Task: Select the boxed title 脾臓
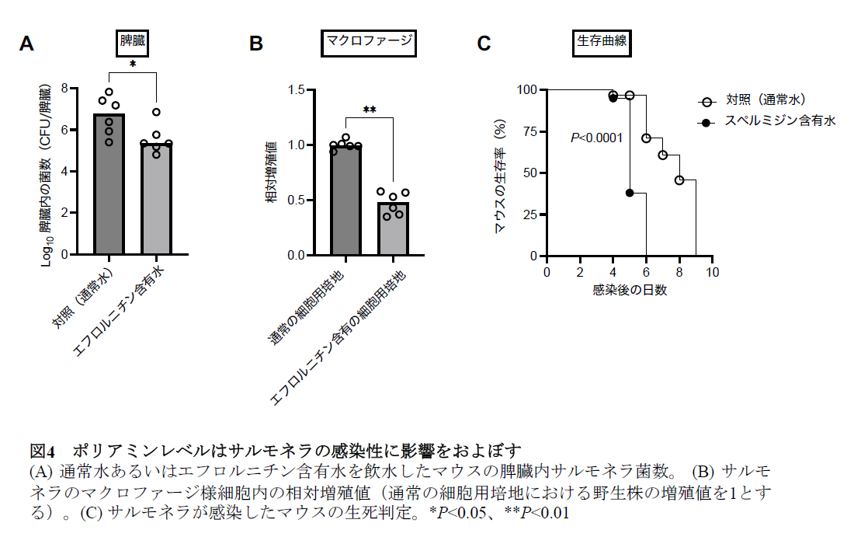(x=133, y=41)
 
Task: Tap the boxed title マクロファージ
(x=369, y=42)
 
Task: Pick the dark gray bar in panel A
(x=109, y=184)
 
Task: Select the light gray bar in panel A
(x=157, y=199)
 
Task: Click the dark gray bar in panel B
(x=345, y=200)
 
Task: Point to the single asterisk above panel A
(x=133, y=65)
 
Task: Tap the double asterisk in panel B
(x=369, y=110)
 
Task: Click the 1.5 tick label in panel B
(x=297, y=90)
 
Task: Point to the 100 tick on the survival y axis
(x=527, y=89)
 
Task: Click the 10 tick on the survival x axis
(x=712, y=272)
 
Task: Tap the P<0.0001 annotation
(x=596, y=138)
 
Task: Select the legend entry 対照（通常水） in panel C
(x=765, y=100)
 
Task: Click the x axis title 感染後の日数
(x=629, y=290)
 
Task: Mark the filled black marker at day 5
(x=630, y=193)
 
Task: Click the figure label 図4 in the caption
(x=43, y=451)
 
